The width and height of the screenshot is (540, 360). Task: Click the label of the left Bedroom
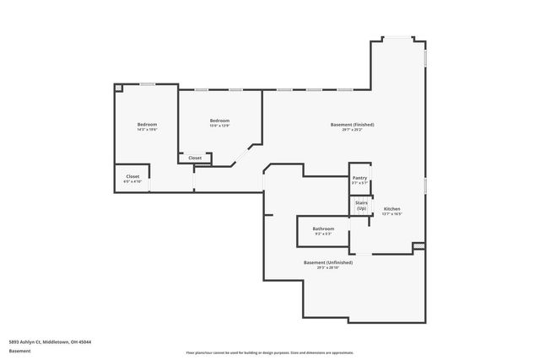(x=147, y=124)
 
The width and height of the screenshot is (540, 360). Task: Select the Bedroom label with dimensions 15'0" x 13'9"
(x=219, y=121)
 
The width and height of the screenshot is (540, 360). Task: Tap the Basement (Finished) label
(x=352, y=125)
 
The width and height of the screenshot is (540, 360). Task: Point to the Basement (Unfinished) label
(x=328, y=262)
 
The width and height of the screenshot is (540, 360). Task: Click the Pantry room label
(x=359, y=178)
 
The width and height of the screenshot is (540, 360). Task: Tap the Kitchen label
(x=391, y=209)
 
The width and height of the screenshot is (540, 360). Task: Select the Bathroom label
(x=323, y=229)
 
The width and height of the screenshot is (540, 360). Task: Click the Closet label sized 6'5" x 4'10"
(x=132, y=177)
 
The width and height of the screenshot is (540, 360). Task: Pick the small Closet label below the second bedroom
(x=195, y=158)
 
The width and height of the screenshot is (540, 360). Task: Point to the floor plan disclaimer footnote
(x=269, y=352)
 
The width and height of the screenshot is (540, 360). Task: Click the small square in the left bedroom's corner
(x=119, y=88)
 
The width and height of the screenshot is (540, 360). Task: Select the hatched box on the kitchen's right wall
(x=418, y=246)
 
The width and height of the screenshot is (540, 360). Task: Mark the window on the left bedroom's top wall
(x=147, y=83)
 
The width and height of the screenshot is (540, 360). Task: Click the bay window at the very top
(x=397, y=37)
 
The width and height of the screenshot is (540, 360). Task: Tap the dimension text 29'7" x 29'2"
(x=352, y=131)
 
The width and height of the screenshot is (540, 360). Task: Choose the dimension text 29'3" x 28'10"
(x=328, y=268)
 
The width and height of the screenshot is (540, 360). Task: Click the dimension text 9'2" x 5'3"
(x=323, y=234)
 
